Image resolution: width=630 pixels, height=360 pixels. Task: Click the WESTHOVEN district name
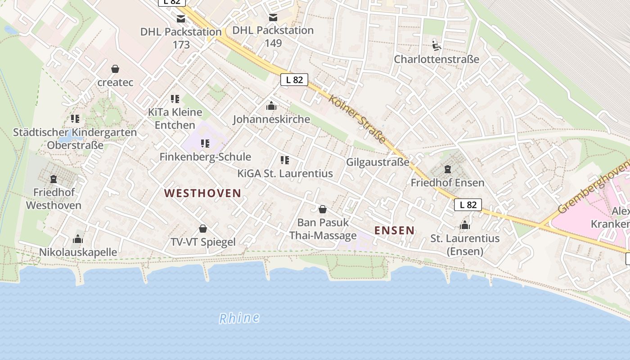point(202,193)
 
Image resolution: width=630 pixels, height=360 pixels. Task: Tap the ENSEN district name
point(394,230)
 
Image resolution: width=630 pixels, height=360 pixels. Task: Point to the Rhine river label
point(239,318)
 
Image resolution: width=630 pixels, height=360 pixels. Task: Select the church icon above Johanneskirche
point(271,106)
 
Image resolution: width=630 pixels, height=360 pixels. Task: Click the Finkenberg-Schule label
point(205,157)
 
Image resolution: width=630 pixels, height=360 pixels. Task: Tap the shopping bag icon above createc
point(115,69)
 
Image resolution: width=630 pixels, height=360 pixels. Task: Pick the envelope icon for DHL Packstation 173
point(181,19)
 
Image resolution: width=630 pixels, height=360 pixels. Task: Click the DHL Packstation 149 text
point(273,36)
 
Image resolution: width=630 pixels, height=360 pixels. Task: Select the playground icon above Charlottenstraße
point(436,45)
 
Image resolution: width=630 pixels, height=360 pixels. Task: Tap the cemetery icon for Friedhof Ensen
point(447,170)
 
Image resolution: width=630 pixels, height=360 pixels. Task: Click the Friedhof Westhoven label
point(54,199)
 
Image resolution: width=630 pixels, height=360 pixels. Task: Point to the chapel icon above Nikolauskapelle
point(78,239)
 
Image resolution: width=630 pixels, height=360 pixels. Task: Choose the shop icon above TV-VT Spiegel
point(203,229)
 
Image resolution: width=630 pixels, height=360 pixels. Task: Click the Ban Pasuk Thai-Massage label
point(323,229)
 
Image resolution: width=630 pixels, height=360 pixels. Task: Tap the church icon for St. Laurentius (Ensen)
point(465,225)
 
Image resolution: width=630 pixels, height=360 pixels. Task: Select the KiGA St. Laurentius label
point(285,173)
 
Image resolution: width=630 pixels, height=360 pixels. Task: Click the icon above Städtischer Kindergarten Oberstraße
point(75,119)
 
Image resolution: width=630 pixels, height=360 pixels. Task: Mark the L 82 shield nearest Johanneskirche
point(294,80)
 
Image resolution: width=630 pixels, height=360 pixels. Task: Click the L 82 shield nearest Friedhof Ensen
point(468,205)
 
